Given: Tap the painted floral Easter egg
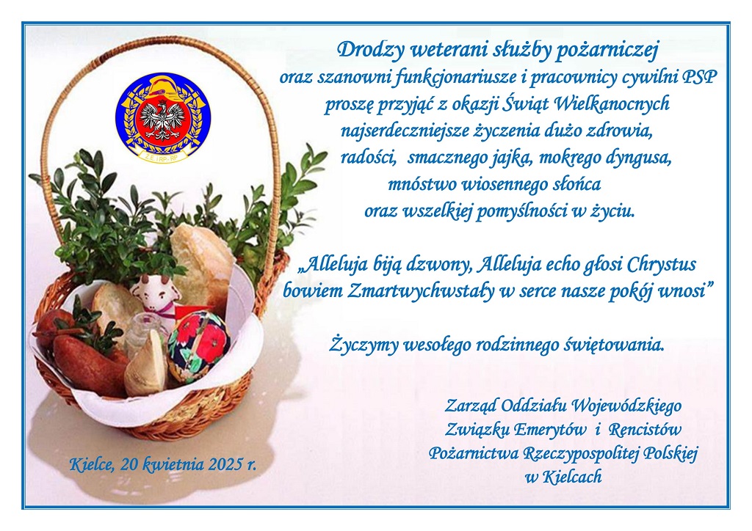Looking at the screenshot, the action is pyautogui.click(x=198, y=345).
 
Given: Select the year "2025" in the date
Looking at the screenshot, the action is pyautogui.click(x=225, y=464).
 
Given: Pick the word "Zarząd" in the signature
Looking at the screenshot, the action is pyautogui.click(x=471, y=407).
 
